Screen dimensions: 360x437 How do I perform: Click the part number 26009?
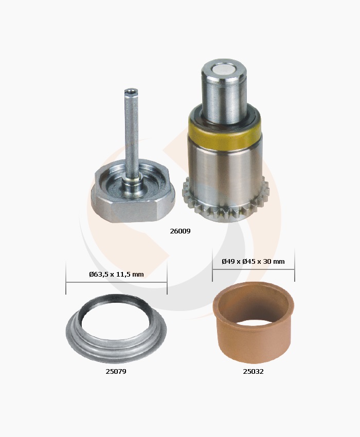[x=180, y=231]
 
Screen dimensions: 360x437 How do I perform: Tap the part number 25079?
[x=116, y=372]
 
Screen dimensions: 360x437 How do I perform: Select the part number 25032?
[x=253, y=372]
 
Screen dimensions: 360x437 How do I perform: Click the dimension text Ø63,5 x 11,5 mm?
[x=116, y=274]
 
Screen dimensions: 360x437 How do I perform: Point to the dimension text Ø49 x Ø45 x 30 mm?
[x=253, y=261]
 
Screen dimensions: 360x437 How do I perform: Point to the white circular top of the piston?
[x=224, y=71]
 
